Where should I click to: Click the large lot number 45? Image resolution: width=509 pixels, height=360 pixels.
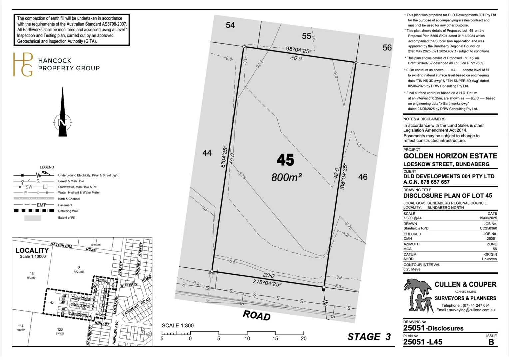point(285,160)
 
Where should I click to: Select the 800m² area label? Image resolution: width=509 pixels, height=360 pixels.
point(286,177)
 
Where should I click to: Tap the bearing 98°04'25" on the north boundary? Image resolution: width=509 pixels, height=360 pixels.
point(299,50)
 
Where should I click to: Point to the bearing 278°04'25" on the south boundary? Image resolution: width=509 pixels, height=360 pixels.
point(267,283)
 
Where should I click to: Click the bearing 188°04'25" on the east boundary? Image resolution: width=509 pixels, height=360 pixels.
point(344,176)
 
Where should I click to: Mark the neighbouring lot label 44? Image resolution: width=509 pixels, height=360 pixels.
point(207,153)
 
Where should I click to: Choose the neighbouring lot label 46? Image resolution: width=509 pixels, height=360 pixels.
point(363,177)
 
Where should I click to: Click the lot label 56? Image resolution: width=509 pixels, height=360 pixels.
point(387,48)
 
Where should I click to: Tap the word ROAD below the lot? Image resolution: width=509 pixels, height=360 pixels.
point(256,315)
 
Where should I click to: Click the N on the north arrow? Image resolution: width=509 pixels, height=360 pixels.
point(63,123)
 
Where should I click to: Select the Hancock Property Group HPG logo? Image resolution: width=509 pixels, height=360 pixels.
point(23,64)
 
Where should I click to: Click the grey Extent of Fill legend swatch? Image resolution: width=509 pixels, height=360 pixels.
point(33,218)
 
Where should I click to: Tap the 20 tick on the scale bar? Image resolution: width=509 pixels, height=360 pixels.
point(303,338)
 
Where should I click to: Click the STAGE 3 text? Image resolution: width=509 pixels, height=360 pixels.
point(369,337)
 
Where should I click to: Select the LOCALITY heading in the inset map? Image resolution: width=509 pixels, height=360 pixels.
point(32,250)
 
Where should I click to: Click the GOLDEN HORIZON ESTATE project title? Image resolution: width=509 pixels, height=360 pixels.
point(450,156)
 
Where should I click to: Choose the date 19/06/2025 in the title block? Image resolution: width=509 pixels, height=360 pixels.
point(488,218)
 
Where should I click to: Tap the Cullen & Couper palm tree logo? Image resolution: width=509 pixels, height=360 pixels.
point(416,295)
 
